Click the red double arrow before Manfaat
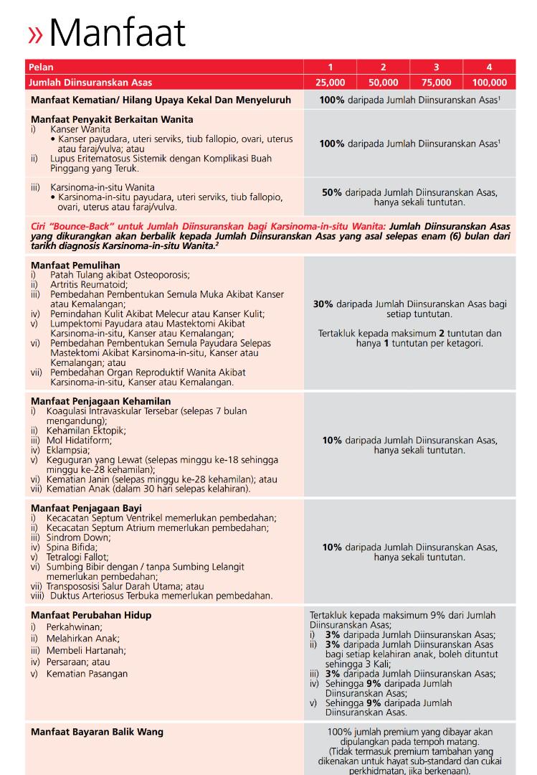(x=35, y=34)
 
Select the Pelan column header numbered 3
(x=436, y=67)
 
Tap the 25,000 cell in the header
(x=330, y=83)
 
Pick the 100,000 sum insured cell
(x=489, y=83)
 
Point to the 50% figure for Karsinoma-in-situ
(x=332, y=192)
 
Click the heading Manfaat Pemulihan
(x=75, y=265)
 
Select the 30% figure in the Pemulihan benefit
(x=323, y=304)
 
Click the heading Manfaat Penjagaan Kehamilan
(x=101, y=400)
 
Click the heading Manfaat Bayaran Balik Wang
(x=97, y=732)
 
